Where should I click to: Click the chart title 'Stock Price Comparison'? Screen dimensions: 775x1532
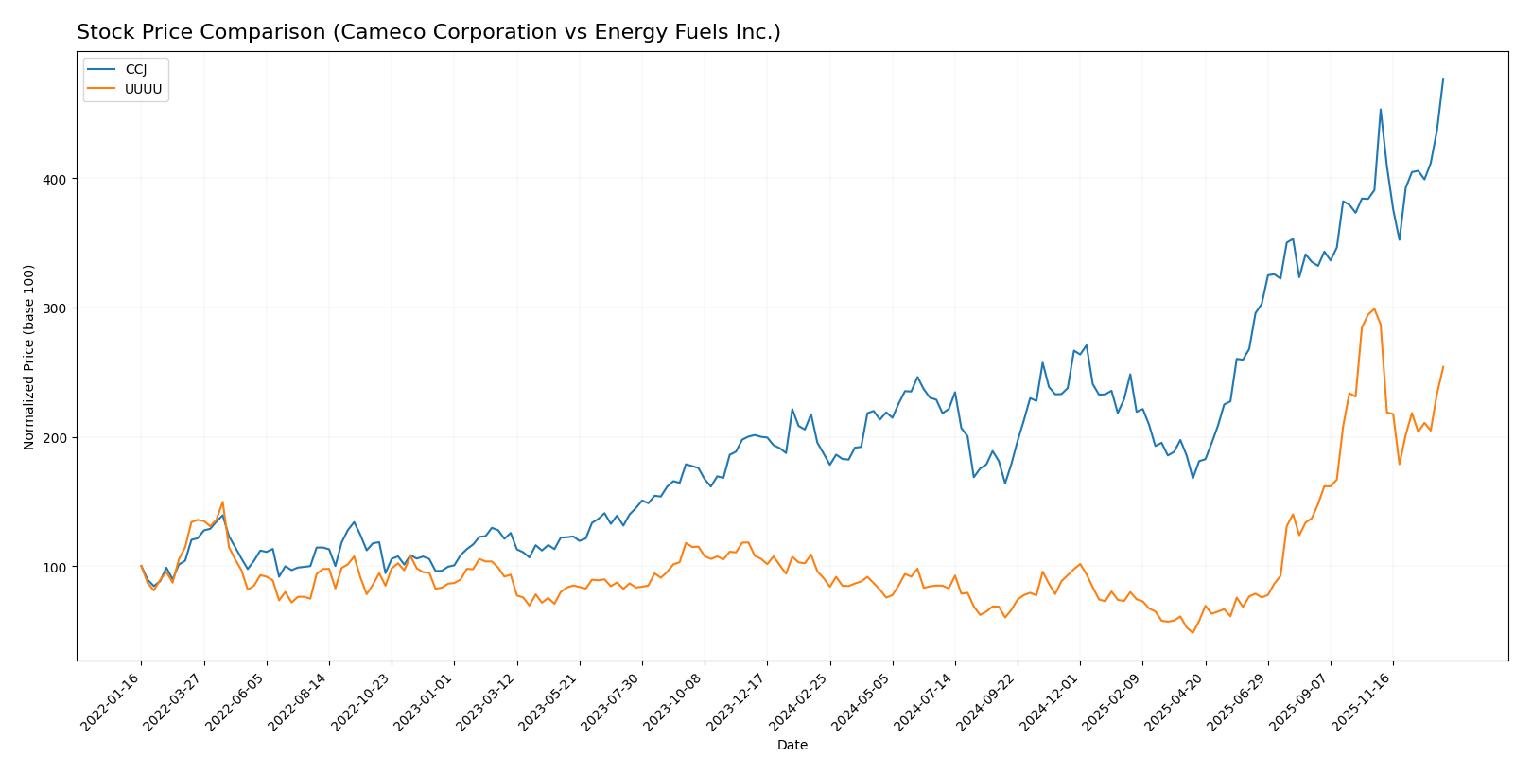tap(428, 32)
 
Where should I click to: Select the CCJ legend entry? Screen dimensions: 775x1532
tap(135, 70)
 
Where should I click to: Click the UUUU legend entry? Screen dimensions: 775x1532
tap(143, 90)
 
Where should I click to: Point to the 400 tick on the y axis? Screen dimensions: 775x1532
tap(58, 179)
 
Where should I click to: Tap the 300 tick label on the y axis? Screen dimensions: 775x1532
tap(58, 308)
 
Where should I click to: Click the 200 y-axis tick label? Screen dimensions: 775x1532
tap(58, 438)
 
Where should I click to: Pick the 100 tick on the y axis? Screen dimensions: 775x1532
tap(58, 567)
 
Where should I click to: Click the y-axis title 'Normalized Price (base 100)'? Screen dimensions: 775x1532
tap(29, 357)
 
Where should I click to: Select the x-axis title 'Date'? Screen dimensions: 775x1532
tap(792, 746)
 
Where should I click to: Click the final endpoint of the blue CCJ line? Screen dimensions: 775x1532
tap(1443, 79)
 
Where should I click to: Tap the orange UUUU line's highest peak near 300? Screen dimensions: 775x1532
tap(1374, 308)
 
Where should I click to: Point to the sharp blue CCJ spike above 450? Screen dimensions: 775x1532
tap(1380, 110)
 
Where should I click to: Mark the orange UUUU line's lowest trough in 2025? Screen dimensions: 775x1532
tap(1193, 632)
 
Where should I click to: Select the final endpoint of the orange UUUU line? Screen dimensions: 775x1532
tap(1443, 367)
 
